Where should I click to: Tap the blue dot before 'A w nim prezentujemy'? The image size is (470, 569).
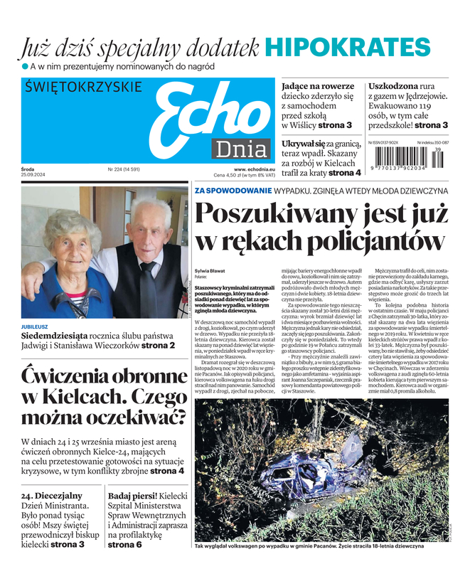point(23,67)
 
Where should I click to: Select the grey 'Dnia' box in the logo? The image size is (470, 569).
point(242,150)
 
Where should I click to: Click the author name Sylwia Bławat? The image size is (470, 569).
point(209,270)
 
